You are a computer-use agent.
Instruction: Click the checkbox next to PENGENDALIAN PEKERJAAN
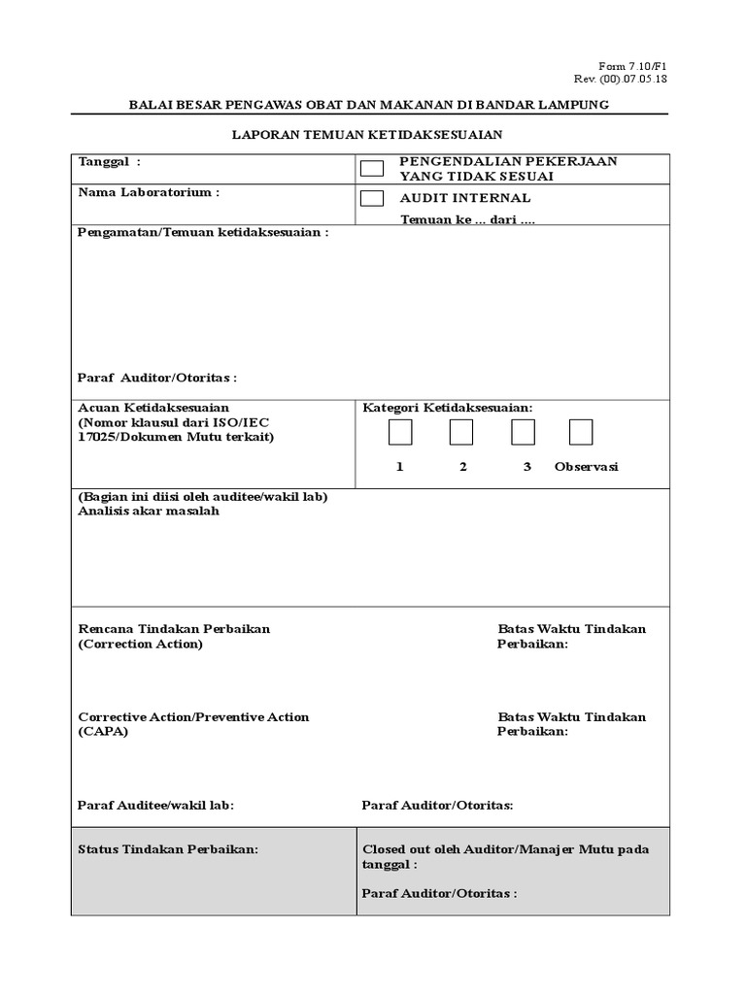point(372,169)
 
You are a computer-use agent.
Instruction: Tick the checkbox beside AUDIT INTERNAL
point(372,199)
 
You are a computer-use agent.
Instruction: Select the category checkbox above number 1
point(400,432)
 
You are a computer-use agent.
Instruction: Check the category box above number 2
point(461,432)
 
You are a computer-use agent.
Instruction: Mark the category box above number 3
point(524,432)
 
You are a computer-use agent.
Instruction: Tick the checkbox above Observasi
point(581,432)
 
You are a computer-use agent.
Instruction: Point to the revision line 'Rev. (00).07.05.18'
point(621,79)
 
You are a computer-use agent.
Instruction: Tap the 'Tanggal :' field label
point(109,161)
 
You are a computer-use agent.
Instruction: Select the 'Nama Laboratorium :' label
point(149,192)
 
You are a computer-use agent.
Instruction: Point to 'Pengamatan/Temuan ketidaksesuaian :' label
point(203,233)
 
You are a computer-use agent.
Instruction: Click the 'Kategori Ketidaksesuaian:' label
point(448,407)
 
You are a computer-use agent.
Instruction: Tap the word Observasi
point(586,467)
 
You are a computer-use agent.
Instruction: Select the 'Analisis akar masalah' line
point(149,511)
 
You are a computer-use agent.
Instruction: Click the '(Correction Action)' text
point(141,644)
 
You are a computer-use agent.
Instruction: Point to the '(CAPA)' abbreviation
point(103,732)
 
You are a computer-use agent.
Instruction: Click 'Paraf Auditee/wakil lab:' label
point(156,805)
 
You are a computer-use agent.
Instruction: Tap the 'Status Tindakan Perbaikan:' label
point(168,849)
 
